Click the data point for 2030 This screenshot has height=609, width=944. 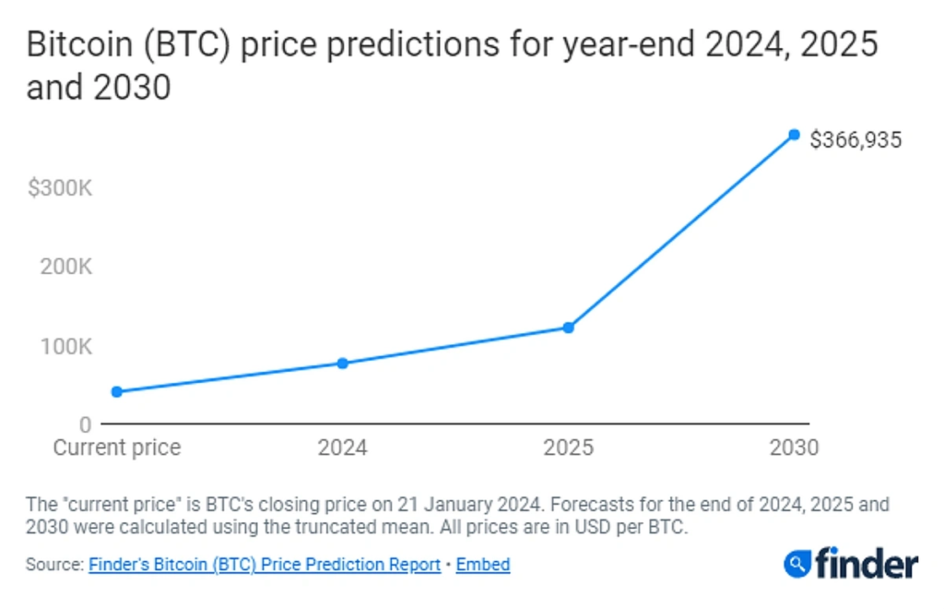tap(794, 136)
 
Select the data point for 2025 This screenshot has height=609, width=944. tap(569, 328)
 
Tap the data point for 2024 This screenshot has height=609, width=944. tap(342, 364)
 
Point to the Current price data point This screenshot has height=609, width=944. tap(117, 391)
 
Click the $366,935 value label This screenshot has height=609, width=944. tap(855, 140)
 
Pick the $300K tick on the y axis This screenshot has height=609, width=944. tap(60, 189)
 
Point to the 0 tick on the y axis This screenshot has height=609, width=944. tap(85, 425)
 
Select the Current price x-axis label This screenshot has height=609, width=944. tap(117, 448)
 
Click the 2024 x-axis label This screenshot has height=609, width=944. tap(342, 448)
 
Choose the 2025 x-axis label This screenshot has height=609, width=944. tap(569, 448)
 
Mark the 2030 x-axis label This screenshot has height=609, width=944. tap(794, 448)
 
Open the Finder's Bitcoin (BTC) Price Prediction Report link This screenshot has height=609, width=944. tap(265, 565)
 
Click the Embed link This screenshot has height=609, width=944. tap(483, 565)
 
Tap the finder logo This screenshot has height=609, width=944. tap(851, 563)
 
